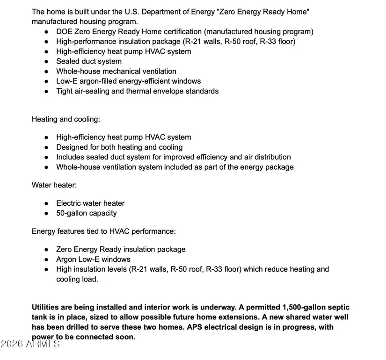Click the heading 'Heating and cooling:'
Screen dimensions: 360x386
[x=66, y=119]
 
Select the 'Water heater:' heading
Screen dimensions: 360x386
[x=54, y=185]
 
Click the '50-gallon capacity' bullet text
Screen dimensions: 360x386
[x=87, y=213]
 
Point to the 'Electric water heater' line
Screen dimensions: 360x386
[x=90, y=203]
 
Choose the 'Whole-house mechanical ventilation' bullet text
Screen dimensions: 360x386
[x=116, y=72]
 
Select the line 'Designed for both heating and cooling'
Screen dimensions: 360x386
[x=119, y=147]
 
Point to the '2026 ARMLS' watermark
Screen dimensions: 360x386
[x=30, y=345]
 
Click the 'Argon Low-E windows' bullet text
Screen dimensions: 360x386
[x=93, y=259]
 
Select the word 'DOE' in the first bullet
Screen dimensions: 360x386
[x=65, y=32]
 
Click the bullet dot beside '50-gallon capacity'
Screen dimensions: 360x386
[x=46, y=214]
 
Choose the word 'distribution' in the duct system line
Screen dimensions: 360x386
[x=270, y=157]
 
